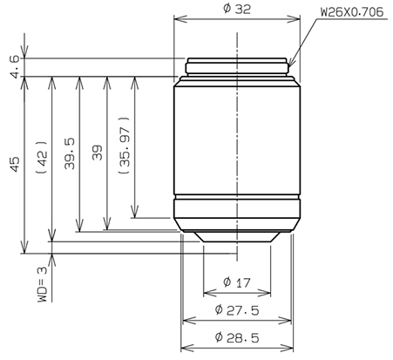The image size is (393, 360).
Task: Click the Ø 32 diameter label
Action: tap(237, 9)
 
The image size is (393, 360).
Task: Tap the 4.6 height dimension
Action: tap(12, 66)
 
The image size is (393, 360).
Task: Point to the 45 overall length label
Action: tap(12, 165)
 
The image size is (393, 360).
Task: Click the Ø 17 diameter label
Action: tap(237, 282)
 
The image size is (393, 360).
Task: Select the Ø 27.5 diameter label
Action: tap(237, 310)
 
